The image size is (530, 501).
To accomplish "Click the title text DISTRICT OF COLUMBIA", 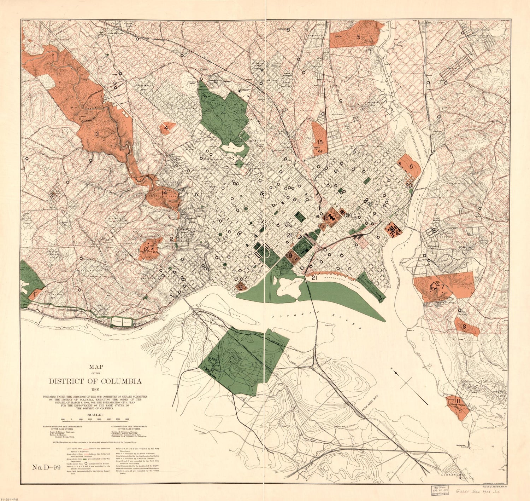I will tap(95, 381).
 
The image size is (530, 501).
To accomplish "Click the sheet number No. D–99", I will tap(47, 468).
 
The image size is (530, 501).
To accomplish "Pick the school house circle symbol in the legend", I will tap(86, 463).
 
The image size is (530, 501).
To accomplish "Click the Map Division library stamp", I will tap(442, 490).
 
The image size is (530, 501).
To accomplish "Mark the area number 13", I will tap(96, 134).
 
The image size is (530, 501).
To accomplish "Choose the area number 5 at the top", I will tap(358, 37).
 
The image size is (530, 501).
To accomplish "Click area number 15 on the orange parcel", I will tap(320, 142).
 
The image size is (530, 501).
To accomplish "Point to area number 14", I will tap(164, 192).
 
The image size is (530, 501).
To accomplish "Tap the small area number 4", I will tap(165, 126).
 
